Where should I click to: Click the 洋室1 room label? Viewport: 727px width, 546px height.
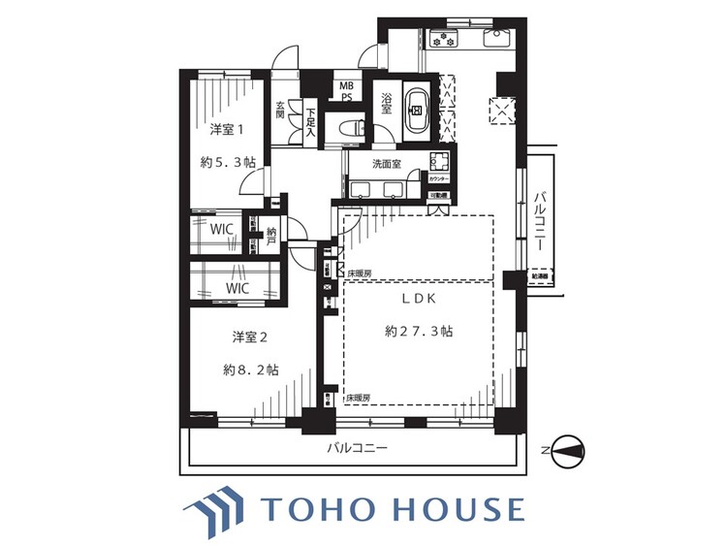(227, 129)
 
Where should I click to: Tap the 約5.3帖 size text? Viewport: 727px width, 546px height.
(227, 164)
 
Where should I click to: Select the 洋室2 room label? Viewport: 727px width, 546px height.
(248, 337)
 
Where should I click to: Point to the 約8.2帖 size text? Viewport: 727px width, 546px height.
(248, 369)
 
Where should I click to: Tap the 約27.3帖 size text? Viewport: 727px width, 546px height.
(418, 331)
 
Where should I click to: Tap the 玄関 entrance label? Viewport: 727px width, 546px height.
(280, 110)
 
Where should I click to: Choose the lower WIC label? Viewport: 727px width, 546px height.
(237, 288)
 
